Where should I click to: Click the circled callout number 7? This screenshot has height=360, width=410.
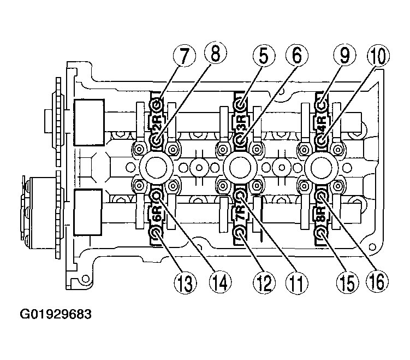pyautogui.click(x=185, y=56)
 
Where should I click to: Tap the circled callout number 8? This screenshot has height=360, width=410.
pyautogui.click(x=216, y=53)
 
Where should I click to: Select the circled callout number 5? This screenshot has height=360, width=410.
pyautogui.click(x=264, y=56)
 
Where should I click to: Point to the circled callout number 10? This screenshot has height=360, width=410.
pyautogui.click(x=378, y=56)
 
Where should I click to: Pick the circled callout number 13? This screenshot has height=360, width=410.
pyautogui.click(x=186, y=283)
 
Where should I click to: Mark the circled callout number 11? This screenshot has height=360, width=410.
pyautogui.click(x=297, y=283)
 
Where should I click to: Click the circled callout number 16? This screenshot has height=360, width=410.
pyautogui.click(x=377, y=281)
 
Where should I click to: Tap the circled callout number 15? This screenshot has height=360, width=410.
pyautogui.click(x=348, y=283)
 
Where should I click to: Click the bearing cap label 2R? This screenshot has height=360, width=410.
pyautogui.click(x=156, y=123)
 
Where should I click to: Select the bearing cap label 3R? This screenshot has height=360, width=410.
pyautogui.click(x=241, y=123)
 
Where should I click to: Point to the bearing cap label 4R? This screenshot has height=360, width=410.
pyautogui.click(x=322, y=123)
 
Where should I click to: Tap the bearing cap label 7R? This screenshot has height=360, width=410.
pyautogui.click(x=241, y=213)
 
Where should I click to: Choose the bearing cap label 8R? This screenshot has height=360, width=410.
pyautogui.click(x=322, y=213)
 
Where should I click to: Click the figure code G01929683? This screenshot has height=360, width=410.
pyautogui.click(x=56, y=314)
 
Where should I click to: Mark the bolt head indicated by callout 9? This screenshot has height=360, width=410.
pyautogui.click(x=322, y=105)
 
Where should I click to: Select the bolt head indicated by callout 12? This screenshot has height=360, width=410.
pyautogui.click(x=240, y=232)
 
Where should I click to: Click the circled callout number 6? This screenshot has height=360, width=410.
pyautogui.click(x=297, y=56)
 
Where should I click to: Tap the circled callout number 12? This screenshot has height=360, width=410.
pyautogui.click(x=264, y=283)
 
